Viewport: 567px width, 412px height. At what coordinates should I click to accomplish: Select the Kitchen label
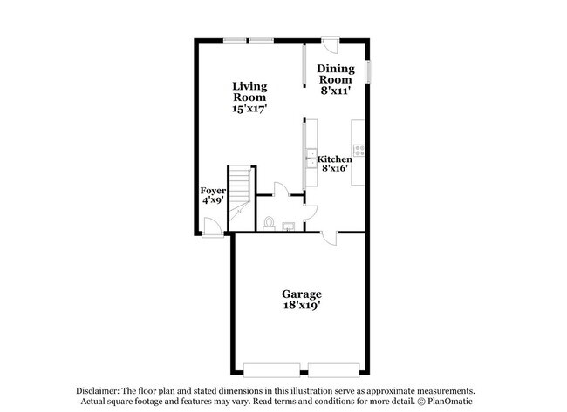pos(335,159)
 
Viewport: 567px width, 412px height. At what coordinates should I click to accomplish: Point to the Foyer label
pos(214,190)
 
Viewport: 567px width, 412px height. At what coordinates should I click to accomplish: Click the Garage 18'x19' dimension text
pos(301,307)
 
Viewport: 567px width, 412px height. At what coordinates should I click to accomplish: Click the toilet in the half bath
pos(270,224)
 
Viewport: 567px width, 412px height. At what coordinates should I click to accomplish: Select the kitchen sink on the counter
pos(311,158)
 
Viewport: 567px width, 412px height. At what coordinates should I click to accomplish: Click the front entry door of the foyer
pos(210,226)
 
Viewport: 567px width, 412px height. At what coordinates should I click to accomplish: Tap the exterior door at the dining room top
pos(330,45)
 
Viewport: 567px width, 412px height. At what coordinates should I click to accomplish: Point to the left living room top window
pos(233,39)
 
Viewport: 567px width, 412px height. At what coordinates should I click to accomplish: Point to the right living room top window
pos(263,39)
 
